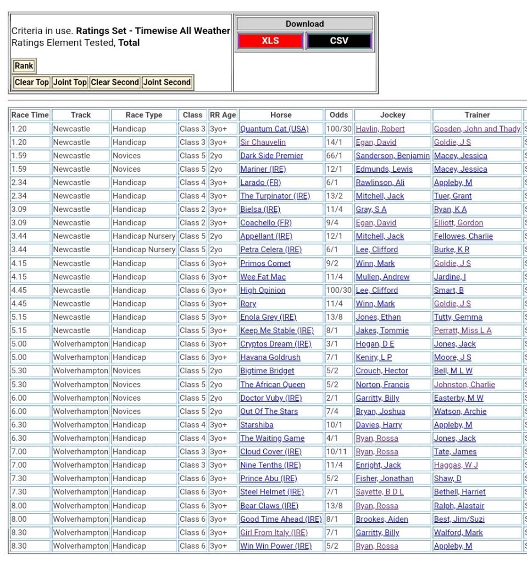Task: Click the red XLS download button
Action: click(x=270, y=41)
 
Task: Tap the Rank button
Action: click(x=24, y=66)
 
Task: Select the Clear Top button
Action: click(x=31, y=83)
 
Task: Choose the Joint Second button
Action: click(x=167, y=83)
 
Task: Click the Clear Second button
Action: click(x=115, y=83)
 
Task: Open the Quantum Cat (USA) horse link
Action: click(x=274, y=129)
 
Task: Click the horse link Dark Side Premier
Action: click(x=271, y=156)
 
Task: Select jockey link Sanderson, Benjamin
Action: click(x=392, y=156)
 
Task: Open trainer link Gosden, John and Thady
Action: click(x=477, y=129)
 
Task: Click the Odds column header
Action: click(x=339, y=115)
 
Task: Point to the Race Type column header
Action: click(x=144, y=115)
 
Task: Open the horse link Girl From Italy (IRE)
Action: click(x=274, y=533)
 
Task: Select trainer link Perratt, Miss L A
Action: click(x=463, y=331)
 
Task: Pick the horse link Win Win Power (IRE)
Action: click(x=276, y=546)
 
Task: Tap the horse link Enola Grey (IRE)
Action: click(x=268, y=317)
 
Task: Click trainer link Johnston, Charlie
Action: click(x=464, y=385)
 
